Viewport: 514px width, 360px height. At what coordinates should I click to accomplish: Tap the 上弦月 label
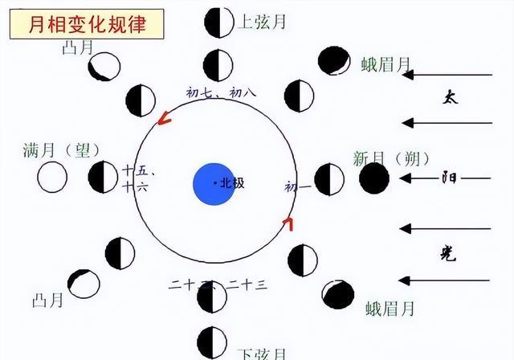tap(262, 22)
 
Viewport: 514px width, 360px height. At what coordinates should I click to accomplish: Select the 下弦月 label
tap(262, 353)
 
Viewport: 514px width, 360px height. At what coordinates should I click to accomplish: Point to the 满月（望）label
tap(60, 150)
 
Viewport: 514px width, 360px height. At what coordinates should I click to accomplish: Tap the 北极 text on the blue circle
tap(231, 183)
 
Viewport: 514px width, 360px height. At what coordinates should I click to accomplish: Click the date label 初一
tap(296, 186)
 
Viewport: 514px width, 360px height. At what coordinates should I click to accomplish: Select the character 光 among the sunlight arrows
tap(451, 255)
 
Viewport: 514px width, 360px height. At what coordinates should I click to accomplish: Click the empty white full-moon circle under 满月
tap(52, 178)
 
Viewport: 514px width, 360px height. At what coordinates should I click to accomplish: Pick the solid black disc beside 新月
tap(373, 178)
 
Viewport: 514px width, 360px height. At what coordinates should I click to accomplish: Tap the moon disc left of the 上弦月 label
tap(218, 22)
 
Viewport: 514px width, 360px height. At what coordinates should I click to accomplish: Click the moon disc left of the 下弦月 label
tap(211, 341)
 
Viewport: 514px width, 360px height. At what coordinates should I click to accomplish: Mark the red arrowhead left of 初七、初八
tap(164, 120)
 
